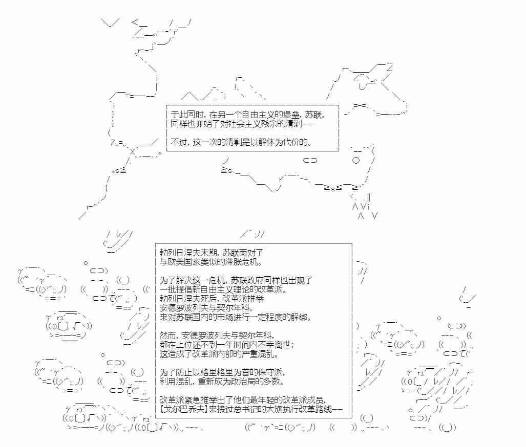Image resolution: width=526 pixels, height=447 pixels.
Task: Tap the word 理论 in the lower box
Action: coord(240,289)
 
